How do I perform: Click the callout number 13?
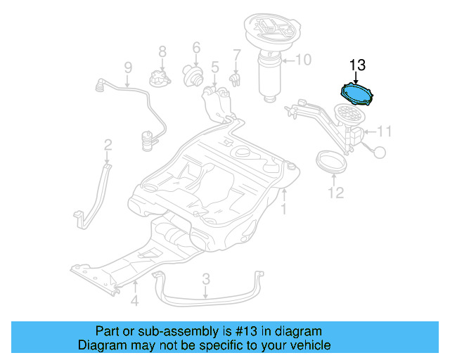click(357, 65)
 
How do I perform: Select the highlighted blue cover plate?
click(356, 94)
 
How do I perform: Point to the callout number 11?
click(384, 131)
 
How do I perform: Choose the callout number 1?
click(284, 210)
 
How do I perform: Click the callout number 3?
click(205, 279)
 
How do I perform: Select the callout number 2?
click(108, 145)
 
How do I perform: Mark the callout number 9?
click(127, 67)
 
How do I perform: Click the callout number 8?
click(162, 51)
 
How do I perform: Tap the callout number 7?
click(237, 54)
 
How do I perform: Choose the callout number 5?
click(214, 67)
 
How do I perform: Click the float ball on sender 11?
click(380, 150)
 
